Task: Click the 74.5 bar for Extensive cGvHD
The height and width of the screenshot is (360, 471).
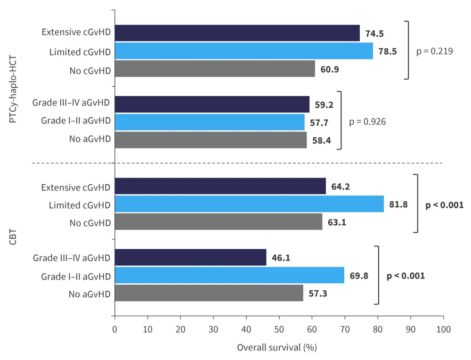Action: (237, 33)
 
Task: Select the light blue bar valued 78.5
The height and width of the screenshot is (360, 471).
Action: (244, 51)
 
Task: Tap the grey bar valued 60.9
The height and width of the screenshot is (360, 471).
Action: (215, 69)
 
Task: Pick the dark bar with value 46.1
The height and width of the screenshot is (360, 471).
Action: (190, 257)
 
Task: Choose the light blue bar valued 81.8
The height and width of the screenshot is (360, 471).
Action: (249, 204)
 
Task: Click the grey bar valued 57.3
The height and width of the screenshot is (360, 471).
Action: (209, 293)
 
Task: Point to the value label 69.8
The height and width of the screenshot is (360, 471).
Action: (359, 275)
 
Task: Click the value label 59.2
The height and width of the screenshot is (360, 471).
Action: (325, 104)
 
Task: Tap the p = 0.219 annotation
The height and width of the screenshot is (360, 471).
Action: (434, 51)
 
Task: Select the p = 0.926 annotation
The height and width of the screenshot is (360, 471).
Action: (367, 122)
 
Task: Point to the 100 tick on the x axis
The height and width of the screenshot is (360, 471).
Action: (443, 329)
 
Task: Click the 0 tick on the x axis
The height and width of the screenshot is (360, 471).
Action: (114, 329)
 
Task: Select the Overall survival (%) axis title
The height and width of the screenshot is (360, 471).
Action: (276, 347)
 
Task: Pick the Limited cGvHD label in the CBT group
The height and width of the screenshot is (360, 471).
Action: (80, 205)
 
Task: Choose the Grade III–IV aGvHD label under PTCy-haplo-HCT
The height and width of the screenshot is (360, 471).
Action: (72, 103)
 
